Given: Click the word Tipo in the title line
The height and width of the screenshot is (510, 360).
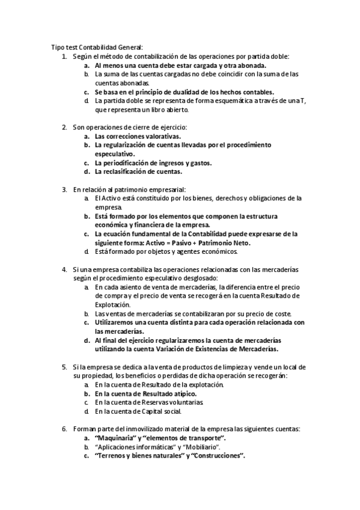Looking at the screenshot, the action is point(57,47).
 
